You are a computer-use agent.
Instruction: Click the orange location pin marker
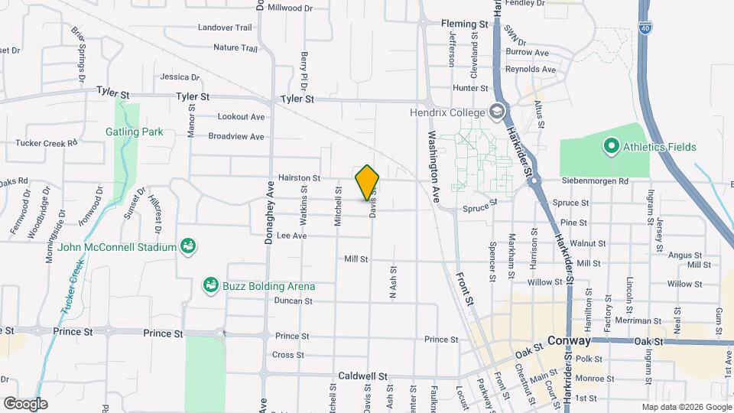coord(368,183)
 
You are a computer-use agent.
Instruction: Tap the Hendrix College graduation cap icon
coord(499,112)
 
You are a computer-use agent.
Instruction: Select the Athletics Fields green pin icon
coord(611,145)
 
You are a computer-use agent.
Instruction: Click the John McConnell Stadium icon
coord(188,246)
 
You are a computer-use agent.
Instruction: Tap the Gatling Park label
coord(134,132)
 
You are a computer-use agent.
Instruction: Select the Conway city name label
coord(570,341)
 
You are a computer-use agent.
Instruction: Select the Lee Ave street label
coord(291,236)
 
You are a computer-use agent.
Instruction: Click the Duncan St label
coord(294,301)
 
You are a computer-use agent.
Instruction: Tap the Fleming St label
coord(465,24)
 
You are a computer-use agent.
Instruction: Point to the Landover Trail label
coord(224,28)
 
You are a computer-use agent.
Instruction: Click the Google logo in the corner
coord(25,403)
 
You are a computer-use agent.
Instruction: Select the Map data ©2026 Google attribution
coord(686,407)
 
